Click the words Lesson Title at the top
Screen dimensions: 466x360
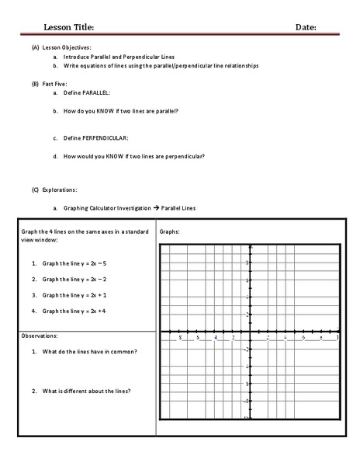tap(68, 27)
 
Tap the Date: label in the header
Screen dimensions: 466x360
tap(306, 27)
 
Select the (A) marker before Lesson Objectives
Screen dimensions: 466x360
tap(35, 48)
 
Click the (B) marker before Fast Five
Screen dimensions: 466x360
tap(35, 82)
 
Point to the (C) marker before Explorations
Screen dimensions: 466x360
tap(35, 190)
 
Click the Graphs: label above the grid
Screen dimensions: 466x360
tap(170, 231)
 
